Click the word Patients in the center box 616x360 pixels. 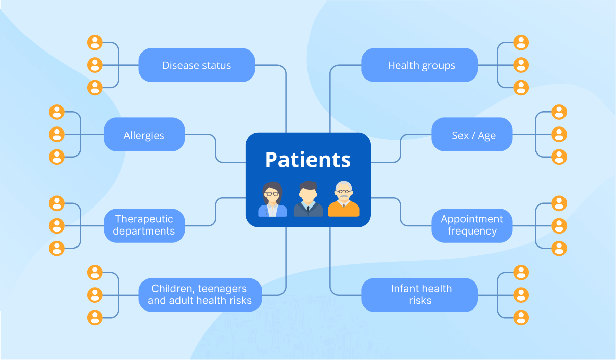[308, 160]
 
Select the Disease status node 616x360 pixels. [196, 65]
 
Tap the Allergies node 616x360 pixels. [144, 135]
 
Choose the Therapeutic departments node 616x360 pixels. [144, 225]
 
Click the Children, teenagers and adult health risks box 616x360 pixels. [200, 294]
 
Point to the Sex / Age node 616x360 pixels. [472, 135]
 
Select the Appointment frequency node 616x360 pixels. [472, 225]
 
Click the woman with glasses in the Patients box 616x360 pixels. [272, 199]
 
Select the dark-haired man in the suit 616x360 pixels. [308, 200]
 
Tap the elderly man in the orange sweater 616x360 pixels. [343, 199]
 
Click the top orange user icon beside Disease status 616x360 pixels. [95, 42]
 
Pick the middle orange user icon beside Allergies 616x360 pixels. [57, 135]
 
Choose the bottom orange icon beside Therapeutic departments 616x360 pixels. [57, 248]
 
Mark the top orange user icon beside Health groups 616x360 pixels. [521, 42]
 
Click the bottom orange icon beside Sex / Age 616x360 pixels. [559, 157]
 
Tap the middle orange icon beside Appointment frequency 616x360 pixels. [559, 225]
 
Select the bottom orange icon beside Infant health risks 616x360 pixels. [521, 317]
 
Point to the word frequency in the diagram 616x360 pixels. [472, 231]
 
